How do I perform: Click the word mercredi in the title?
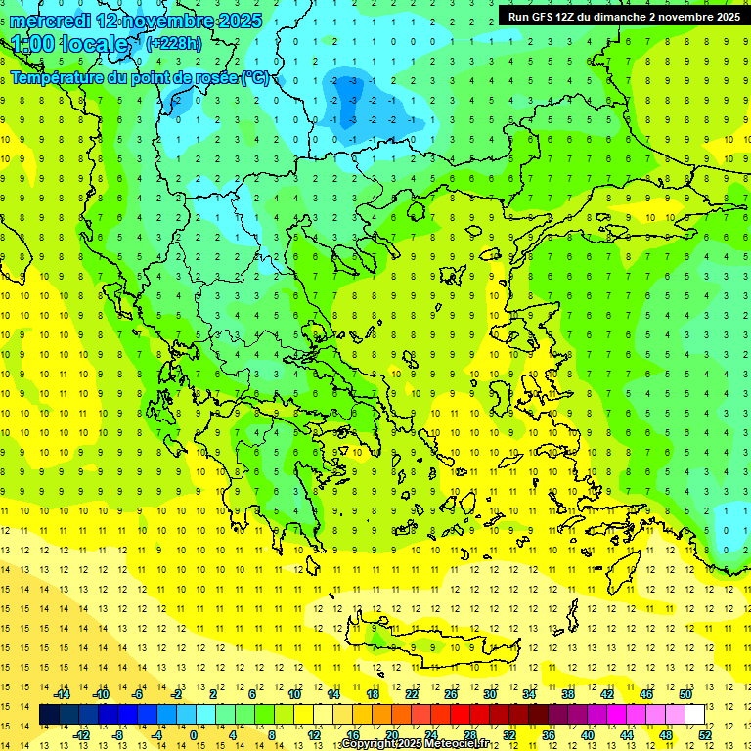coord(50,21)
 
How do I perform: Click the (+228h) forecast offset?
coord(174,44)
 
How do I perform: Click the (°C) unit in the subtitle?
coord(257,77)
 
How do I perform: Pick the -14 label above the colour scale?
coord(62,694)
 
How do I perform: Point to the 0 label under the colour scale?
coord(193,735)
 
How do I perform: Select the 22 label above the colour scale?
coord(412,694)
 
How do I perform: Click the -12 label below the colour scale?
coord(81,735)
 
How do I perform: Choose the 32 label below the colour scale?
coord(508,735)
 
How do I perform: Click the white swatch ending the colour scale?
coord(694,715)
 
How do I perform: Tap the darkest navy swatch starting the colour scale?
coord(49,715)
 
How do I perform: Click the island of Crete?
coord(440,645)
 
